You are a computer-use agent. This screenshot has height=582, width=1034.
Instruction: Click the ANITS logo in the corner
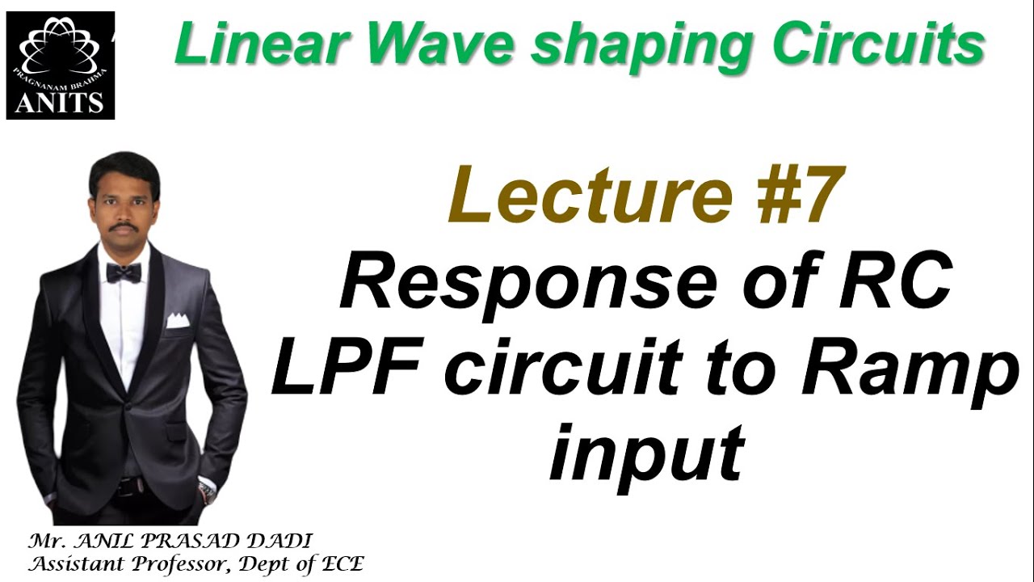tap(61, 65)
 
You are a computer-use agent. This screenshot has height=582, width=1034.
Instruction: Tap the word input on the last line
tap(645, 453)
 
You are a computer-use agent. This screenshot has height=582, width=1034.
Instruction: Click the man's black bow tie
tap(123, 272)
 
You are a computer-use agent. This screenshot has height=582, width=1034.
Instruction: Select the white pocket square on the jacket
tap(178, 321)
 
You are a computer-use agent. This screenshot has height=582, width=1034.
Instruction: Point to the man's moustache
tap(123, 227)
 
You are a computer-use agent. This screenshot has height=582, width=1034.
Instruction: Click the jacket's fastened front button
tap(128, 404)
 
